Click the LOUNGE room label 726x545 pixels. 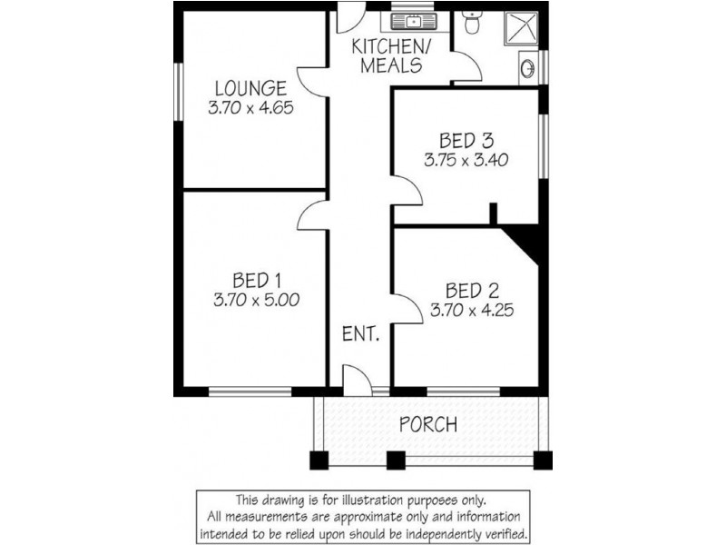[251, 88]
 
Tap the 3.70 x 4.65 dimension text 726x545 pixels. [251, 106]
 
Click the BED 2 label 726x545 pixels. [473, 292]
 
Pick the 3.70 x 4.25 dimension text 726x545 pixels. [473, 310]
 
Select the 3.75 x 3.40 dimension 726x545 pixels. [466, 159]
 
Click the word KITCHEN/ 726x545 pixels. [390, 47]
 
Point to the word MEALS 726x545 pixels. [390, 65]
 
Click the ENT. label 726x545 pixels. [360, 333]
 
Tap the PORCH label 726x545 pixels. [428, 423]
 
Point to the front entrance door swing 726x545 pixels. [357, 380]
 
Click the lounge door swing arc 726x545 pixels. [313, 82]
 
